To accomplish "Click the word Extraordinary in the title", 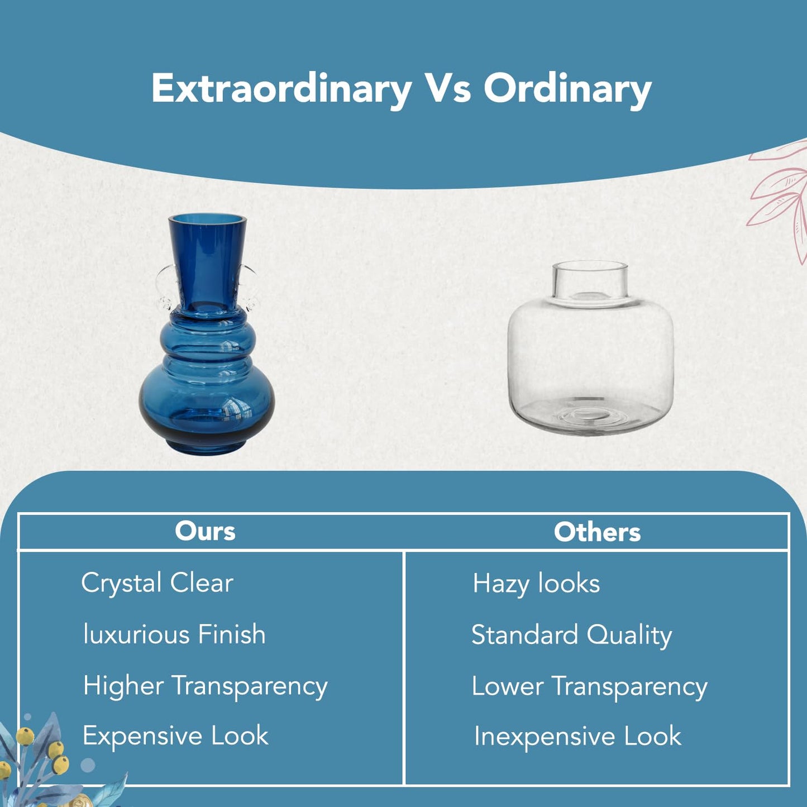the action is pyautogui.click(x=281, y=89).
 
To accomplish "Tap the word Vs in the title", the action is pyautogui.click(x=448, y=88).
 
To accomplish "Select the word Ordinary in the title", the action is pyautogui.click(x=567, y=89).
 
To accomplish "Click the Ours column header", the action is pyautogui.click(x=205, y=531).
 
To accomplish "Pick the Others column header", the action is pyautogui.click(x=597, y=532).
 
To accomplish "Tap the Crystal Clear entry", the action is pyautogui.click(x=157, y=584).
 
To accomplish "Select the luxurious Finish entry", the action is pyautogui.click(x=174, y=634).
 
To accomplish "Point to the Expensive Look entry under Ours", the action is pyautogui.click(x=175, y=736).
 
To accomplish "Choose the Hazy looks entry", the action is pyautogui.click(x=536, y=584).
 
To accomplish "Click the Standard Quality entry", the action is pyautogui.click(x=572, y=636).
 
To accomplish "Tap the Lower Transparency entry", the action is pyautogui.click(x=589, y=687).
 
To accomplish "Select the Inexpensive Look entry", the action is pyautogui.click(x=577, y=737).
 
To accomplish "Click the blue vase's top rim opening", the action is pyautogui.click(x=207, y=219).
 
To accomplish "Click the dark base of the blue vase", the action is pyautogui.click(x=207, y=445).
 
